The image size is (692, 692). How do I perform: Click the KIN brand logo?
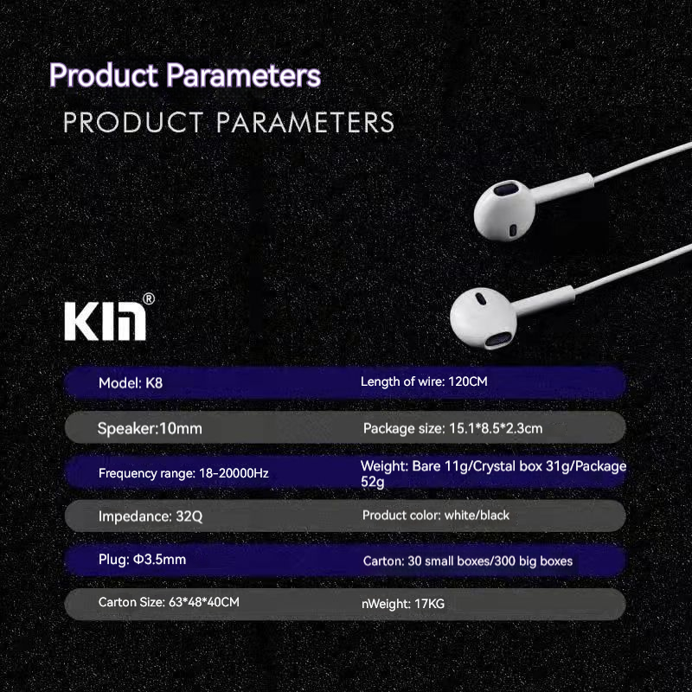pyautogui.click(x=105, y=321)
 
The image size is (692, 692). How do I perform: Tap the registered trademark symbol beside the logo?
pyautogui.click(x=149, y=299)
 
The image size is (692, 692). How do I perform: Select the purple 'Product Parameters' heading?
pyautogui.click(x=185, y=75)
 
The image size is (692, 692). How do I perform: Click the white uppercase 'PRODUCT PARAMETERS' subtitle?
pyautogui.click(x=228, y=122)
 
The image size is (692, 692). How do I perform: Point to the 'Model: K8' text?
pyautogui.click(x=131, y=382)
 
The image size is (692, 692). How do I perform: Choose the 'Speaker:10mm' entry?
pyautogui.click(x=150, y=428)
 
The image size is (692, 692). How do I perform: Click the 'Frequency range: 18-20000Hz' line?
pyautogui.click(x=183, y=473)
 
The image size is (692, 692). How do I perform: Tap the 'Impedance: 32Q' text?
pyautogui.click(x=151, y=516)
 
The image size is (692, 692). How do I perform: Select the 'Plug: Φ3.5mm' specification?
pyautogui.click(x=142, y=559)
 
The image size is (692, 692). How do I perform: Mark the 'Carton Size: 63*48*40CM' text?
pyautogui.click(x=169, y=602)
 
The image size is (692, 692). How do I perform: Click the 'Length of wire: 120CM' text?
pyautogui.click(x=424, y=381)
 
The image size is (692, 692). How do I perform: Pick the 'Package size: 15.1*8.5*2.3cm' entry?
pyautogui.click(x=452, y=428)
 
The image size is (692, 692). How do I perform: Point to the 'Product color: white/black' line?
pyautogui.click(x=436, y=515)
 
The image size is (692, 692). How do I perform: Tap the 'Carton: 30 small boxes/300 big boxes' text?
pyautogui.click(x=468, y=561)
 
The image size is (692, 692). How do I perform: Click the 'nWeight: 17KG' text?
pyautogui.click(x=403, y=603)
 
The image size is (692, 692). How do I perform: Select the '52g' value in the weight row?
pyautogui.click(x=373, y=482)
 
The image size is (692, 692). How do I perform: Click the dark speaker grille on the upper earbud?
pyautogui.click(x=507, y=190)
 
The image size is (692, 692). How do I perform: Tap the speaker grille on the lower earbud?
pyautogui.click(x=497, y=340)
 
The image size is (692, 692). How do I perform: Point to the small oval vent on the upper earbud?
pyautogui.click(x=513, y=230)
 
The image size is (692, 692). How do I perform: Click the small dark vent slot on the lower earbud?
pyautogui.click(x=481, y=299)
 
